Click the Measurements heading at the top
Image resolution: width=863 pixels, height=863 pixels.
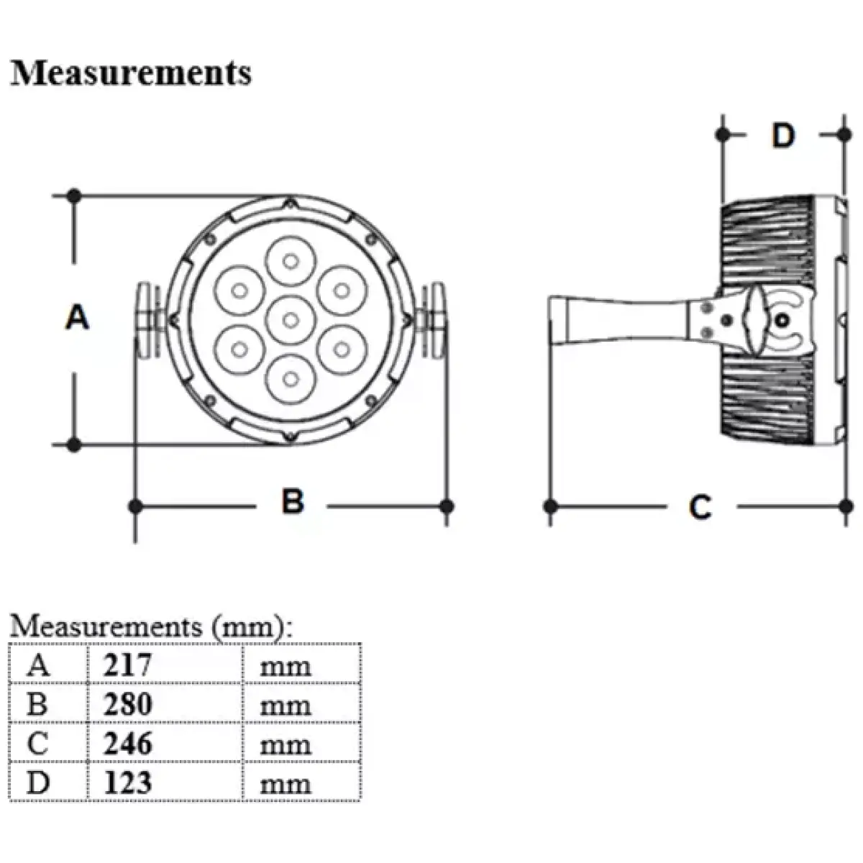click(131, 73)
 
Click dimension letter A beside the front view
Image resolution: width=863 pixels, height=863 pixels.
click(77, 317)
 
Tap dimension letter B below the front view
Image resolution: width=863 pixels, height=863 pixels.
click(293, 501)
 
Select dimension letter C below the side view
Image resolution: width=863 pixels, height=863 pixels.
click(700, 507)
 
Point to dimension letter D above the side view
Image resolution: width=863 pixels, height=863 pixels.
click(783, 135)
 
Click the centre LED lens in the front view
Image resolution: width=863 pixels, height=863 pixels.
click(290, 319)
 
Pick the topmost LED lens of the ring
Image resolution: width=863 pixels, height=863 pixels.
click(290, 260)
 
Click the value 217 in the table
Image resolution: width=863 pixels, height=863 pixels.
click(127, 665)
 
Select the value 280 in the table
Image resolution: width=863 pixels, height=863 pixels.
click(127, 704)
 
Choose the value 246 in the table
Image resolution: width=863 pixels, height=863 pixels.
click(127, 743)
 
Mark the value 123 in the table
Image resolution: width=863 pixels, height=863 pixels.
click(127, 782)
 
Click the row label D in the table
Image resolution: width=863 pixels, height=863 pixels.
click(38, 782)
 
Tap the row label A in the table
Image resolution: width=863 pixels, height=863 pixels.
click(38, 665)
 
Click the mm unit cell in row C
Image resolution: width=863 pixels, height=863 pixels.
click(286, 744)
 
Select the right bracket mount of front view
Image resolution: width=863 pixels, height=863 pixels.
click(434, 319)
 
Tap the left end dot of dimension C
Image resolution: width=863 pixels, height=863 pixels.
click(552, 506)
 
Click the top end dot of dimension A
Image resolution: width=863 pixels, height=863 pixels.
click(73, 195)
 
